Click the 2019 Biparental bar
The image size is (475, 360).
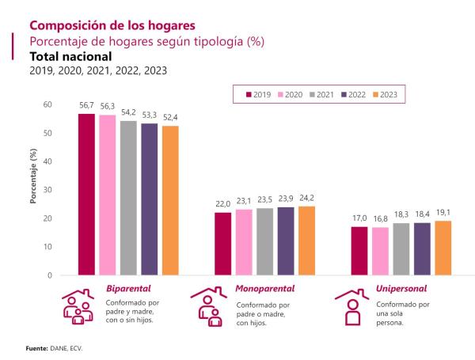pyautogui.click(x=86, y=195)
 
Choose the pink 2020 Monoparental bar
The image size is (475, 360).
pyautogui.click(x=244, y=242)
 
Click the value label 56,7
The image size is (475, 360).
pyautogui.click(x=86, y=104)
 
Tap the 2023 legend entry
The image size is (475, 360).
pyautogui.click(x=387, y=94)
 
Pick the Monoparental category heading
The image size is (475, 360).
pyautogui.click(x=265, y=289)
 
